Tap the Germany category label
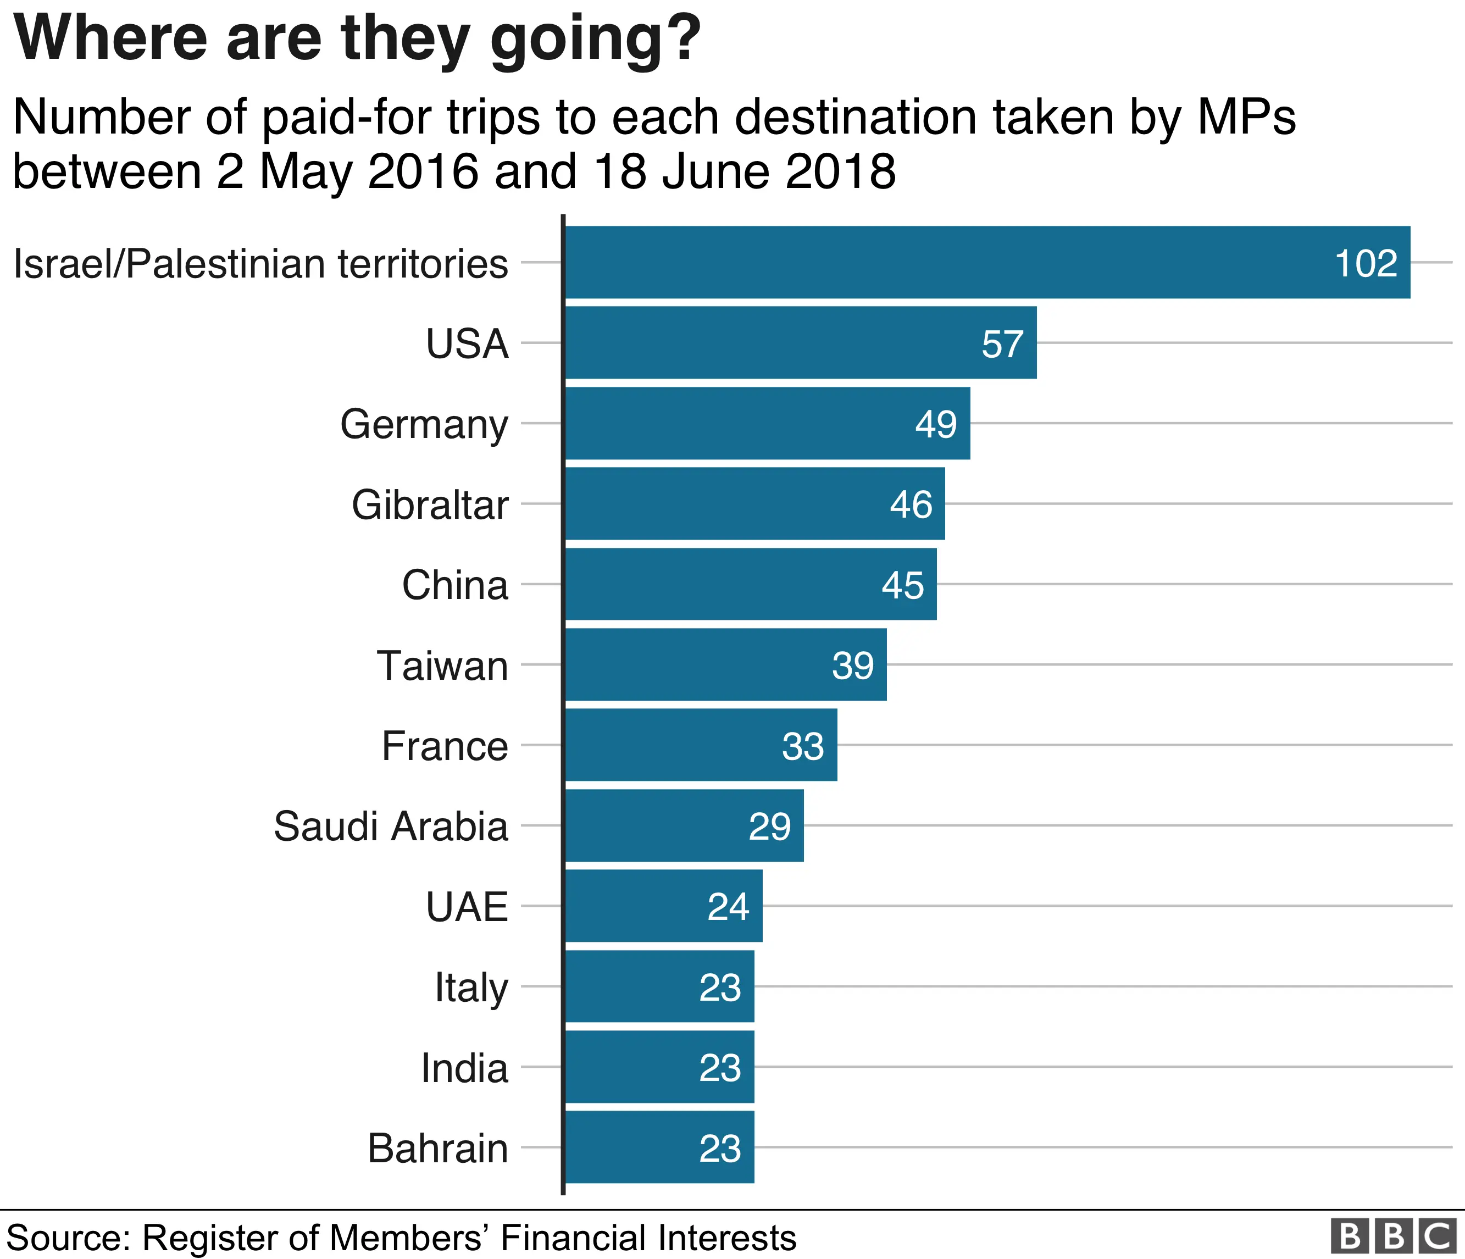pos(424,424)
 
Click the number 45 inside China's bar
pos(902,585)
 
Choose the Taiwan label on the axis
pos(442,666)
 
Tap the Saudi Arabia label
pos(391,827)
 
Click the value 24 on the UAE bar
pos(728,907)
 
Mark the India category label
pos(464,1068)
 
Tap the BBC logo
pos(1393,1235)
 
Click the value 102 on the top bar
pos(1366,264)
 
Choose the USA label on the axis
pos(467,344)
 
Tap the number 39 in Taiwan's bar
pos(853,666)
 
